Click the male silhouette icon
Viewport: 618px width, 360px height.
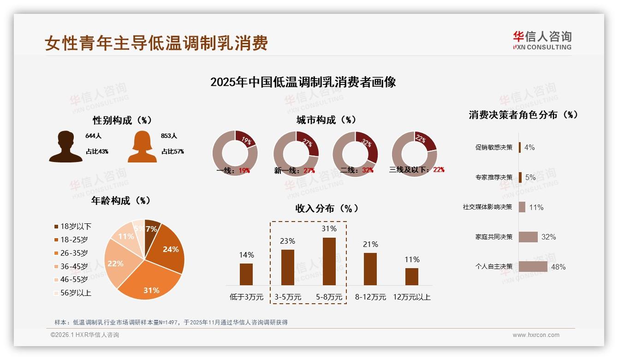pos(65,146)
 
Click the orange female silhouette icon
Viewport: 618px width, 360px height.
pos(142,146)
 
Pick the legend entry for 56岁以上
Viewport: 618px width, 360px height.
pos(72,293)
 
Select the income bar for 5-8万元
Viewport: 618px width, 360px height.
pos(329,261)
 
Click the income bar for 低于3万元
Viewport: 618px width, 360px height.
pos(246,274)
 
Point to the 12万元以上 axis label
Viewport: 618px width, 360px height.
pos(411,297)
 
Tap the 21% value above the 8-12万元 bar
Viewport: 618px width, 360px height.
pos(370,245)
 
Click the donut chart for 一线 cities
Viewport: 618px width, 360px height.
pos(235,153)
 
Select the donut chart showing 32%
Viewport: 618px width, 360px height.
pos(355,153)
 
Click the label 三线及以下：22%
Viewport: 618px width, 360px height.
pos(416,170)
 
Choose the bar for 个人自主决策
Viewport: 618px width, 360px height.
pos(533,266)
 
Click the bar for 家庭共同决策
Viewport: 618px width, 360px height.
pos(528,237)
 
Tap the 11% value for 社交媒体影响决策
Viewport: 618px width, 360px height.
pos(536,207)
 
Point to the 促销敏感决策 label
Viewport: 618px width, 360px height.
pos(493,147)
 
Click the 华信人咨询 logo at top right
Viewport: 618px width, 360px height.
pos(542,40)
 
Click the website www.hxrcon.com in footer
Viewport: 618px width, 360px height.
pos(535,335)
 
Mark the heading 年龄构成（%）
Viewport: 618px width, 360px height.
pos(121,201)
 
